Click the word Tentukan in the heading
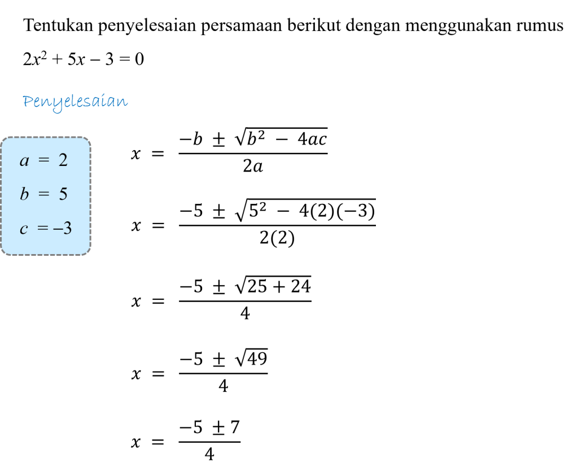pyautogui.click(x=58, y=25)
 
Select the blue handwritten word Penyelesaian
pyautogui.click(x=75, y=102)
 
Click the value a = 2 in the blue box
pyautogui.click(x=44, y=160)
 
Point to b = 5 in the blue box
pyautogui.click(x=44, y=194)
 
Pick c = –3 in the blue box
pyautogui.click(x=46, y=228)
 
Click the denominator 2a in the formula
pyautogui.click(x=253, y=167)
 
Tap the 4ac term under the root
pyautogui.click(x=312, y=139)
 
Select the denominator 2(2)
pyautogui.click(x=277, y=238)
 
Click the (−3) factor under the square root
pyautogui.click(x=357, y=211)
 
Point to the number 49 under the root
pyautogui.click(x=257, y=359)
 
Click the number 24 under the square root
pyautogui.click(x=301, y=286)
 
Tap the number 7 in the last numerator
pyautogui.click(x=235, y=427)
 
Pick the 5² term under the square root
pyautogui.click(x=257, y=210)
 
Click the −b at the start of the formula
pyautogui.click(x=191, y=139)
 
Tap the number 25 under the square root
pyautogui.click(x=257, y=286)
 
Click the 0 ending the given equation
pyautogui.click(x=139, y=59)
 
